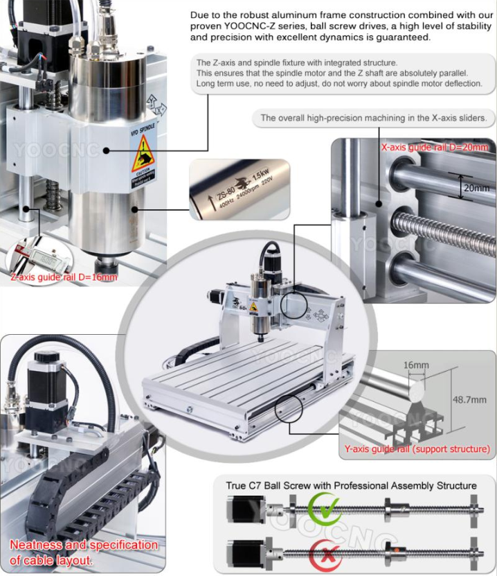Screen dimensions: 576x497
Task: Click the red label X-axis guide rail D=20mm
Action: pos(435,147)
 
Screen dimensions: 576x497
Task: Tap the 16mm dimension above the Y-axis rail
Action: pos(415,365)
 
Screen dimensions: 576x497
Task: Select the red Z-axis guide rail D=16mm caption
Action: pos(63,277)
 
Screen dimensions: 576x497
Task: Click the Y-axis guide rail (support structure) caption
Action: pos(417,449)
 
